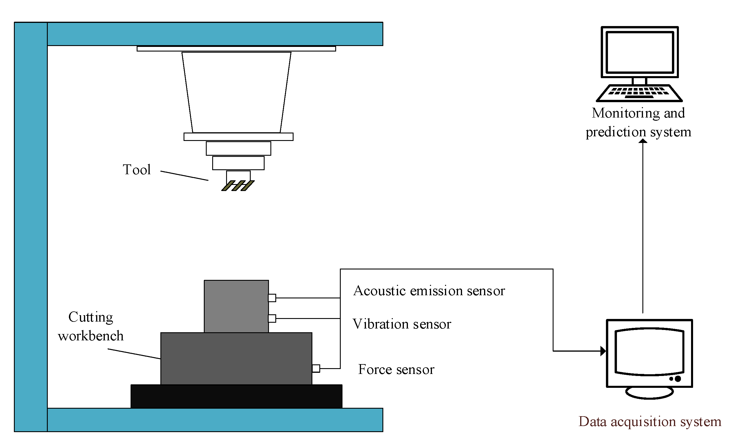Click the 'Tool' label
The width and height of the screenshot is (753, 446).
[137, 170]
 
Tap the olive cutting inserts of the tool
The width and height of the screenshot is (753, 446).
[238, 186]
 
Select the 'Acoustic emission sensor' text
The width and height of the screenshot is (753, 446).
[429, 291]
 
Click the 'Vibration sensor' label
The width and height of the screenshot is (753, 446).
[402, 324]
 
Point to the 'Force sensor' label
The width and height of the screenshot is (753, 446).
[396, 370]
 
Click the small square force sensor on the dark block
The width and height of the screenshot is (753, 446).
[316, 368]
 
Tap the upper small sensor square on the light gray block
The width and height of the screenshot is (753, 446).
[272, 298]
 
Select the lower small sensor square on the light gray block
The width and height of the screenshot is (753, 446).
[272, 318]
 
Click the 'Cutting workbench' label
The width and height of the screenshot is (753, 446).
[91, 326]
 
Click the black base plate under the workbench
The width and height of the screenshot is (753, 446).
[236, 397]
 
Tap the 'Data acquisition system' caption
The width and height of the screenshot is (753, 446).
[650, 422]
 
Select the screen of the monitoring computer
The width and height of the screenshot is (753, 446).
[640, 52]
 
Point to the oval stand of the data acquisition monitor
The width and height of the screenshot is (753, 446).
[649, 392]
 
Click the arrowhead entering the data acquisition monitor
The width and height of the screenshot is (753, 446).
[603, 351]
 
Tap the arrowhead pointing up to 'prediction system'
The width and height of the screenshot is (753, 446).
[643, 141]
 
